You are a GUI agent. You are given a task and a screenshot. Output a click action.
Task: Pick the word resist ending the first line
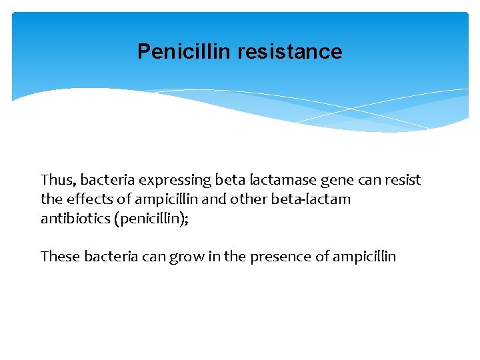(403, 180)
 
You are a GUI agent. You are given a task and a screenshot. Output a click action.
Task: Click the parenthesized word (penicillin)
(150, 219)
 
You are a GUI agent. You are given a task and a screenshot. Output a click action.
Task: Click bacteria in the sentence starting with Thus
(105, 180)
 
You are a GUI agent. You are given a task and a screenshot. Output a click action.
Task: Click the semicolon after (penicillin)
(187, 220)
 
